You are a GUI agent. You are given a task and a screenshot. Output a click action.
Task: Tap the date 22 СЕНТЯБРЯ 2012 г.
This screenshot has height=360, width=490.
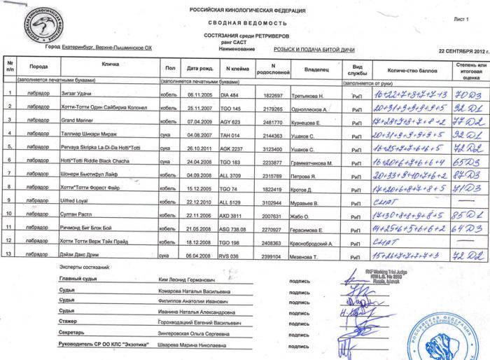462,52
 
